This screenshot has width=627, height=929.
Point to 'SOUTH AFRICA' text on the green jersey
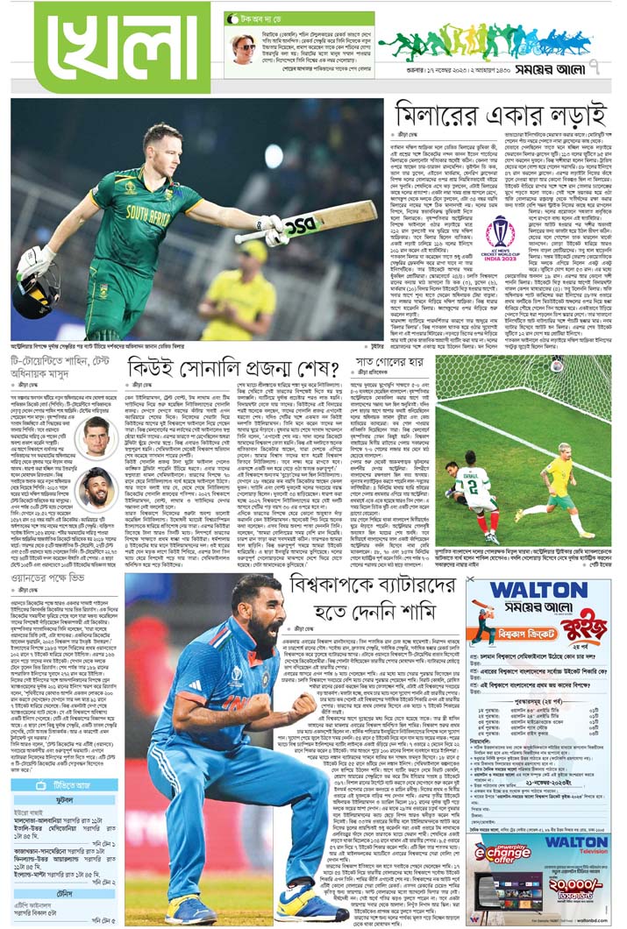[x=149, y=213]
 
